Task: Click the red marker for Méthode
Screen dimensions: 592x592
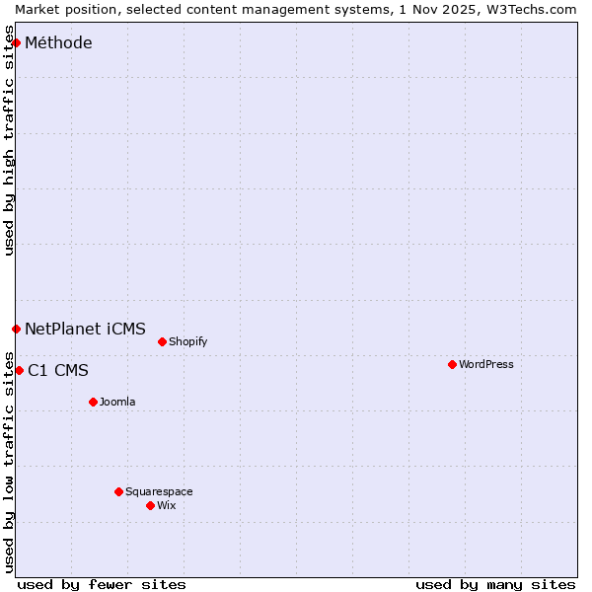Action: pyautogui.click(x=16, y=42)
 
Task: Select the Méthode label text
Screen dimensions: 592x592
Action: pyautogui.click(x=58, y=43)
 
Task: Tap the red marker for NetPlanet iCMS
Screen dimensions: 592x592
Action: pyautogui.click(x=16, y=329)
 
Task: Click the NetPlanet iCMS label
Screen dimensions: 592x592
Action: pyautogui.click(x=85, y=330)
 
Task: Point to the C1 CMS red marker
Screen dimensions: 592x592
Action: pyautogui.click(x=19, y=370)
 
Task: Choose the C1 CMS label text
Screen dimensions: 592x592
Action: pyautogui.click(x=58, y=371)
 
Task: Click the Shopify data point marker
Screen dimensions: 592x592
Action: pyautogui.click(x=162, y=341)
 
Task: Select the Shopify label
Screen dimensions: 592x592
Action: pyautogui.click(x=187, y=342)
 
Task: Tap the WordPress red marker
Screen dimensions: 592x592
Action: pyautogui.click(x=452, y=364)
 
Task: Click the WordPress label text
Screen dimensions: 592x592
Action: pyautogui.click(x=485, y=365)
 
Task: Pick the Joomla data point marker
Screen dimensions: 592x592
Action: pyautogui.click(x=93, y=402)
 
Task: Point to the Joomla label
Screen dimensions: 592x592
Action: pyautogui.click(x=117, y=403)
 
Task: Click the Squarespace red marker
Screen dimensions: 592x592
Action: pyautogui.click(x=118, y=491)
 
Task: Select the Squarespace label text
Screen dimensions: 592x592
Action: pyautogui.click(x=159, y=492)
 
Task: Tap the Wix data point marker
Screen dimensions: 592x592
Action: pyautogui.click(x=150, y=505)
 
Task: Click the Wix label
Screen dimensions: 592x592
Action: pyautogui.click(x=167, y=506)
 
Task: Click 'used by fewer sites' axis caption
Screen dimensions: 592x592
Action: pyautogui.click(x=102, y=584)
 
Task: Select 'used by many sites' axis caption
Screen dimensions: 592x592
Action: pyautogui.click(x=495, y=584)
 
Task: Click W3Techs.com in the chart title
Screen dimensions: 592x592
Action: pyautogui.click(x=530, y=9)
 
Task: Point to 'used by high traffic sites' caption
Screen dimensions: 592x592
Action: pyautogui.click(x=10, y=140)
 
